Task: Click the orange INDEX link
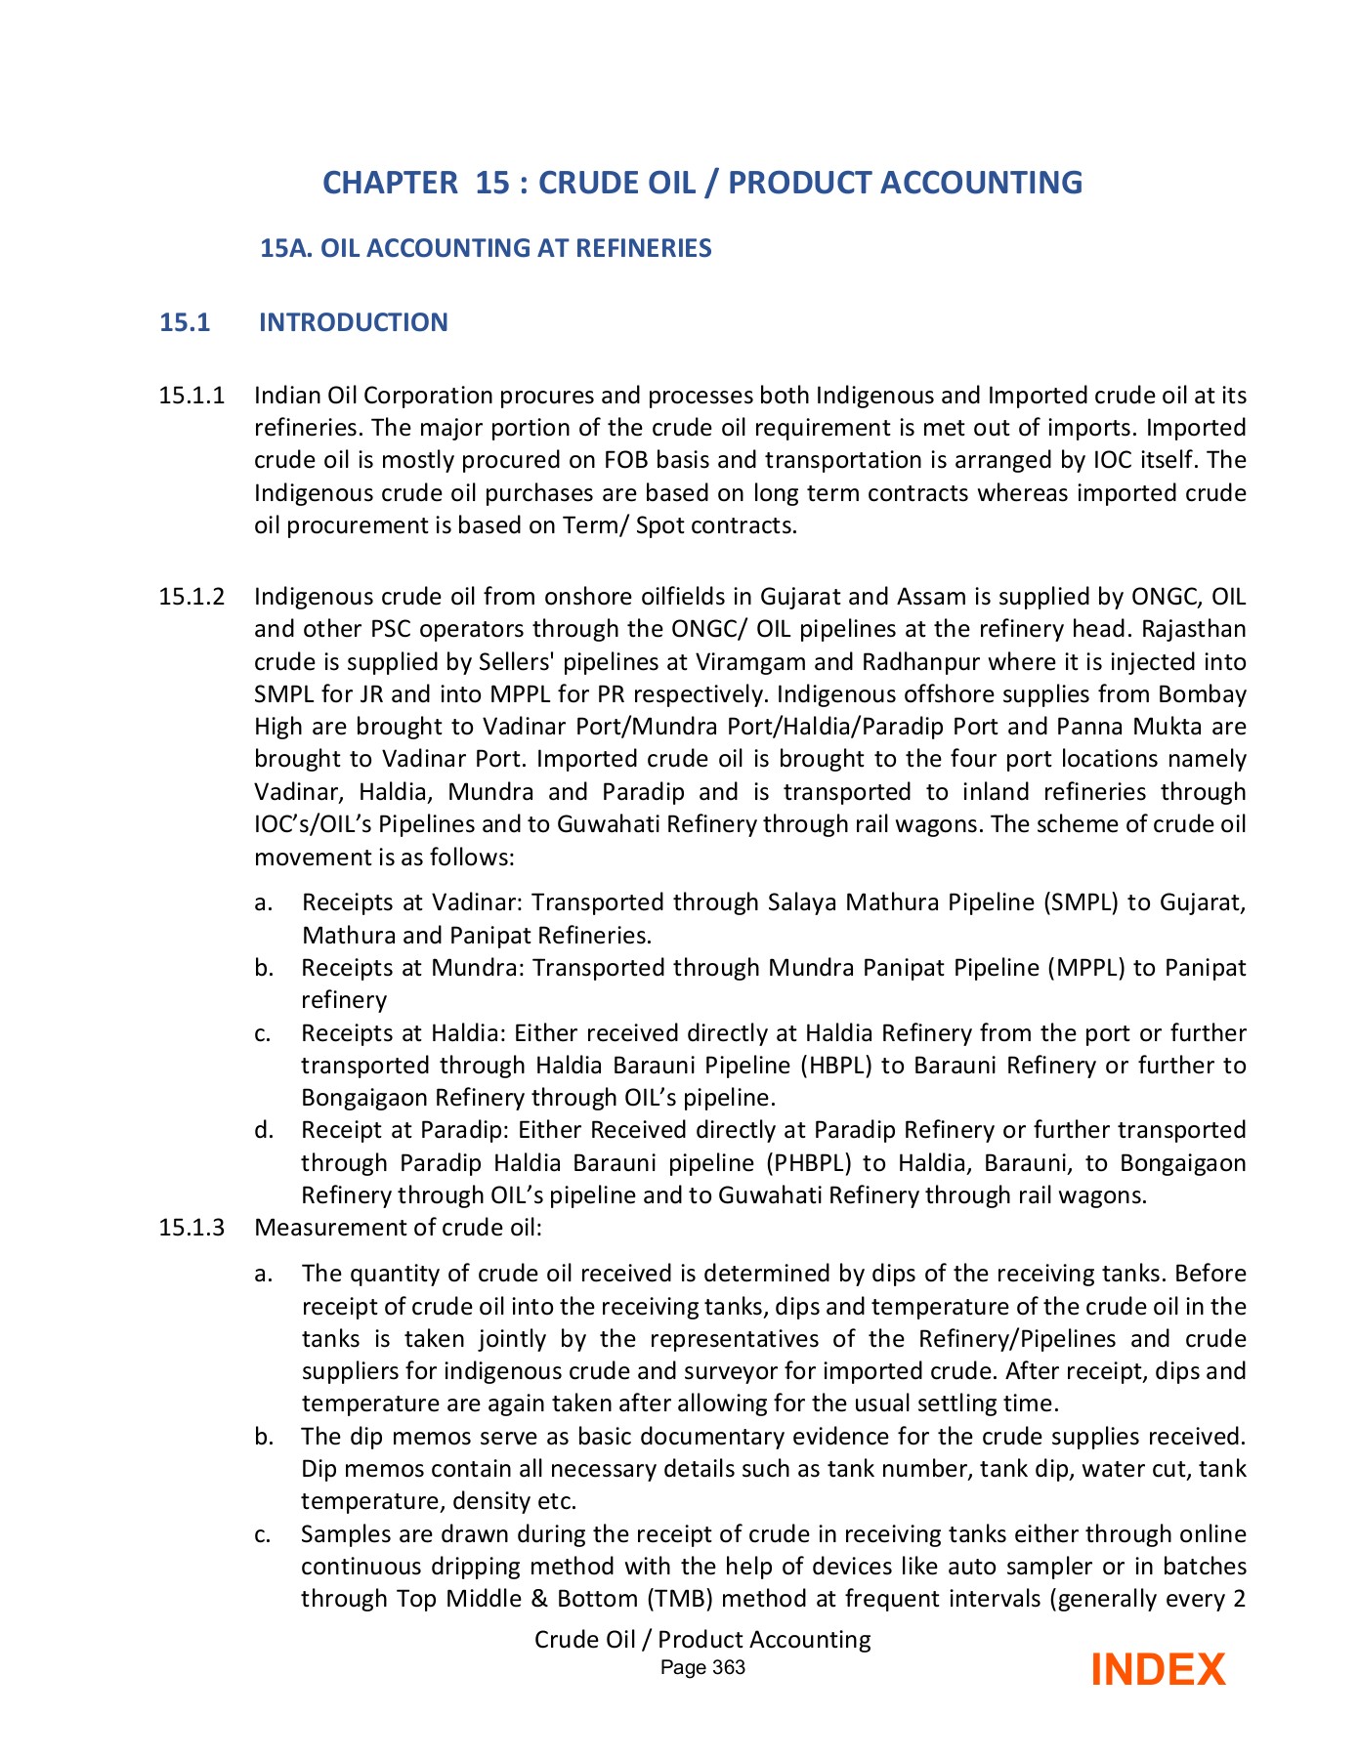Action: [1157, 1669]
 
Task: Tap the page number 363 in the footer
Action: [728, 1667]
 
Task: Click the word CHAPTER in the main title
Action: [390, 183]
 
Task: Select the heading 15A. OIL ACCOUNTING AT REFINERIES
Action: [486, 248]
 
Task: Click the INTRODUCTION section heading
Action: [353, 322]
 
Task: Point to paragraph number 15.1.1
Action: [191, 396]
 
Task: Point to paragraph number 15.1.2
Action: [191, 597]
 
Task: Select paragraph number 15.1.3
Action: [191, 1228]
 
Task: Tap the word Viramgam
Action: [750, 662]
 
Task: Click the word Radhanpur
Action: [921, 662]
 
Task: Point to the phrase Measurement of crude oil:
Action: [398, 1228]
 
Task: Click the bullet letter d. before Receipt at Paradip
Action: [263, 1131]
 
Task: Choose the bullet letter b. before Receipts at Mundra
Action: [263, 968]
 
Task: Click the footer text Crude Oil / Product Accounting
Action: [701, 1639]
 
